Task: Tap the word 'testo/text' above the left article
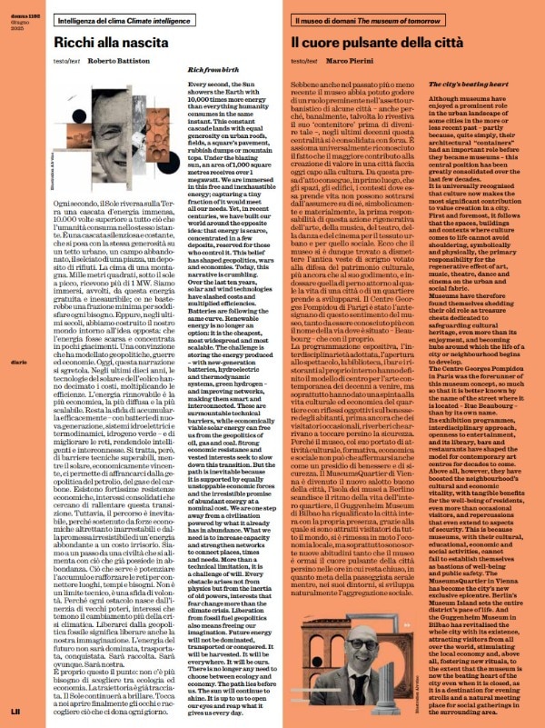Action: click(43, 63)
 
